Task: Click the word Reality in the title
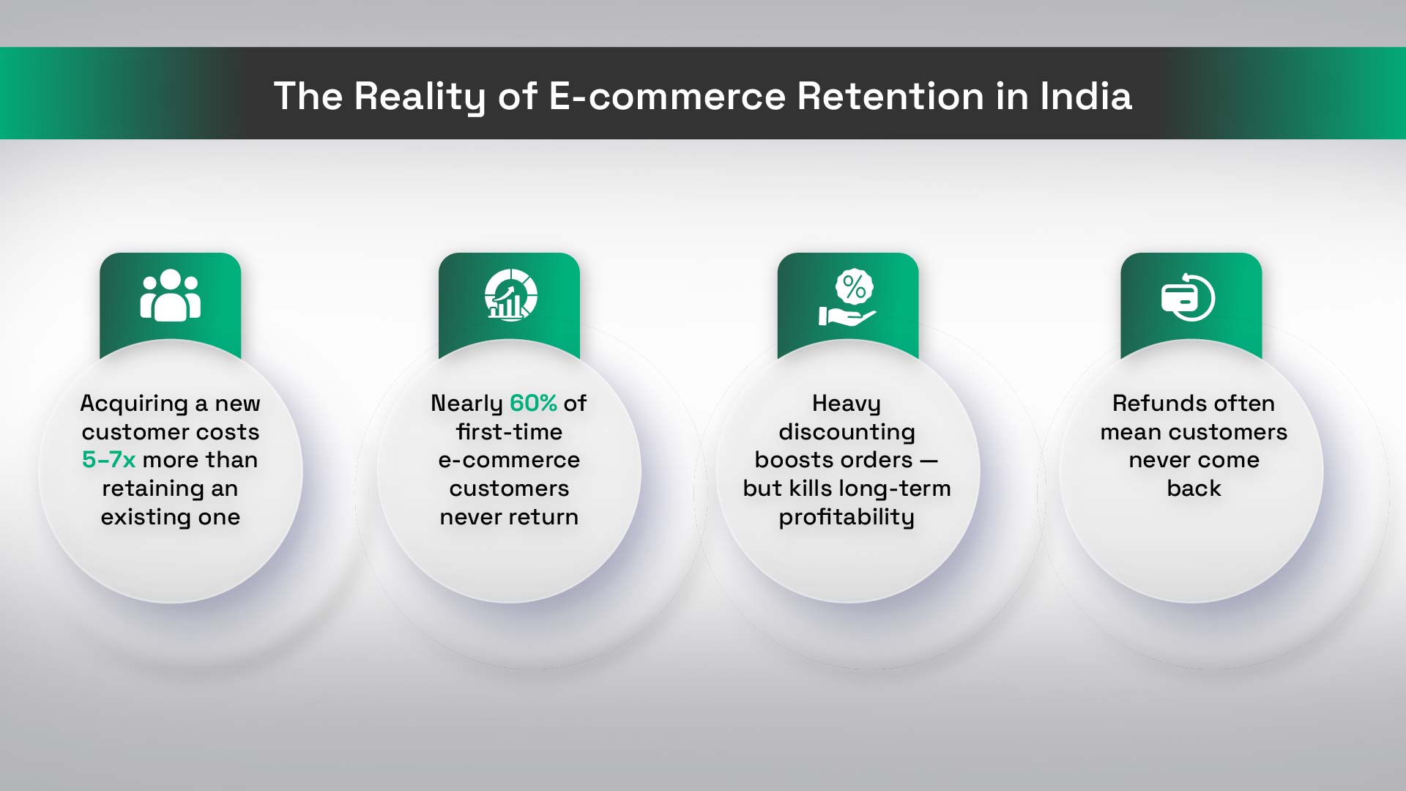(420, 97)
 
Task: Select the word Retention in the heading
(890, 96)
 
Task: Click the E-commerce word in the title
(666, 96)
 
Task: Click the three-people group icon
(171, 295)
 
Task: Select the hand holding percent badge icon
(848, 297)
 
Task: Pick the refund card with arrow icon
(1188, 297)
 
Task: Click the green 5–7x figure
(109, 459)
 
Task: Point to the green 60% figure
(533, 403)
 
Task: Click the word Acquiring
(134, 404)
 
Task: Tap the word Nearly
(466, 404)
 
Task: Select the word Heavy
(847, 404)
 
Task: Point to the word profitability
(847, 518)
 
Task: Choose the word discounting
(847, 433)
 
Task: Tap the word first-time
(509, 431)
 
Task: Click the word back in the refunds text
(1194, 488)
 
